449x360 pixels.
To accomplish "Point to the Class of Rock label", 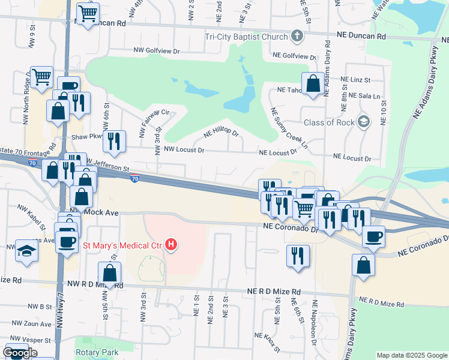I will pos(330,122).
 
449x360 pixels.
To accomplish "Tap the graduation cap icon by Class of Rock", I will pos(363,122).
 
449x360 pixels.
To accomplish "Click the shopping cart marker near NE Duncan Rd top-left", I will pos(88,13).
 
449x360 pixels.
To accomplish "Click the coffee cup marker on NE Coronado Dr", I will pos(373,236).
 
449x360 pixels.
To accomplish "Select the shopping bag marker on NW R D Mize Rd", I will pos(110,273).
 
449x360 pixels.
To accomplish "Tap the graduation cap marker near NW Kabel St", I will pos(26,250).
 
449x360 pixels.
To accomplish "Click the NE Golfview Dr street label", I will pos(294,55).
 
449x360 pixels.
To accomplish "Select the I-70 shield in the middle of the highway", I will pos(136,178).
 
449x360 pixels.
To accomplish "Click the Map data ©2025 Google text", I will pos(412,355).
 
